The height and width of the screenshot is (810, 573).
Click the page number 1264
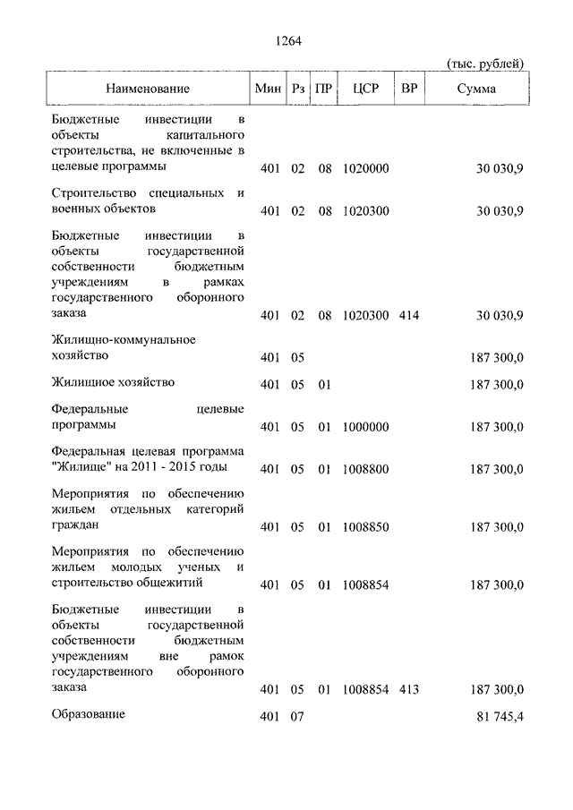click(286, 39)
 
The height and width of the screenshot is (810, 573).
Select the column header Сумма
click(476, 90)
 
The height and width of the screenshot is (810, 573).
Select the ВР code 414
click(410, 315)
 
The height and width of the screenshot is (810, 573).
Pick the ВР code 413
click(410, 690)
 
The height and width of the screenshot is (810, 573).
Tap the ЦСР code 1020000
click(365, 168)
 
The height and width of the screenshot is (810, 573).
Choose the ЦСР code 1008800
click(365, 468)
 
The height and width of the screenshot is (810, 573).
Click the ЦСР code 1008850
click(365, 527)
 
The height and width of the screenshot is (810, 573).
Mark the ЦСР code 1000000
click(365, 426)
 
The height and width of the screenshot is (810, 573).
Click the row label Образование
click(89, 714)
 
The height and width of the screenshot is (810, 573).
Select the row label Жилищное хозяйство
click(113, 382)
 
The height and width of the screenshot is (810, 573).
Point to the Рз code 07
click(298, 717)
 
